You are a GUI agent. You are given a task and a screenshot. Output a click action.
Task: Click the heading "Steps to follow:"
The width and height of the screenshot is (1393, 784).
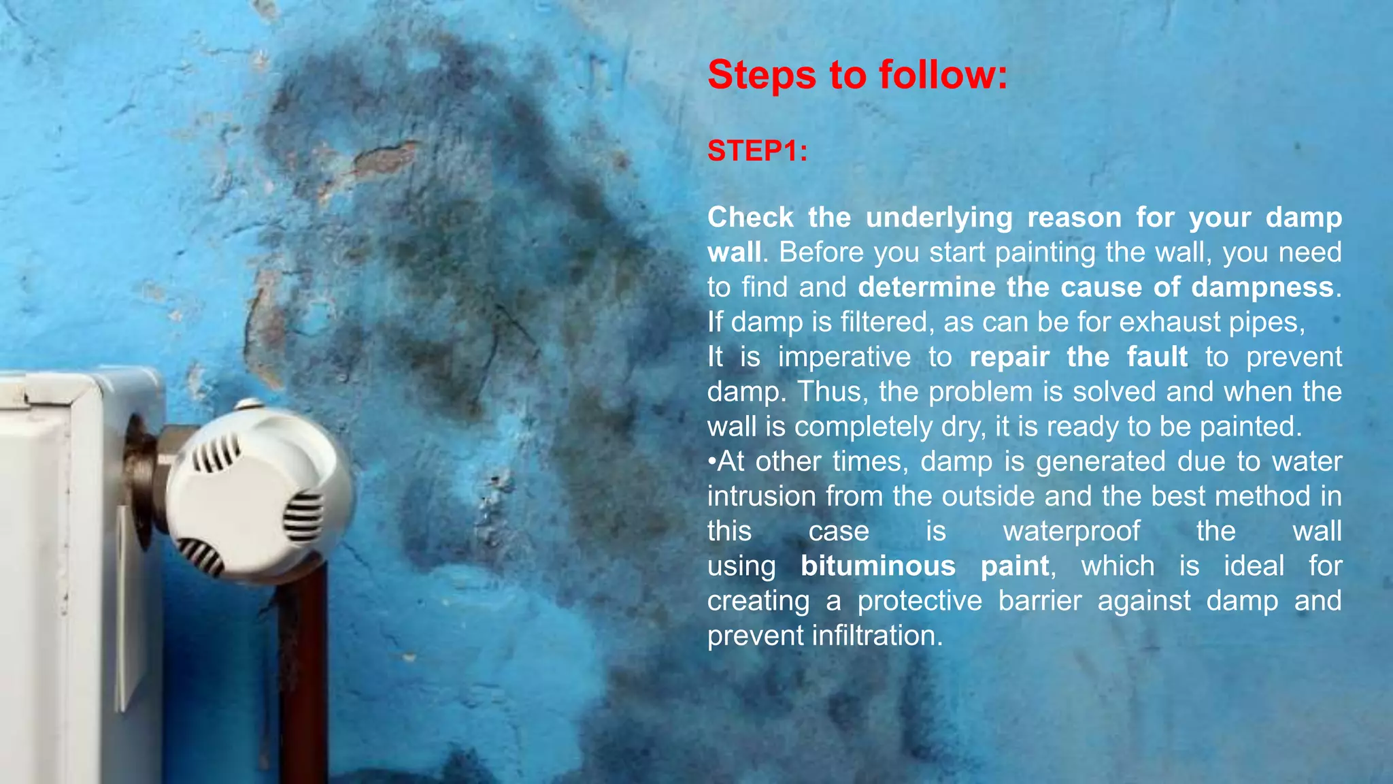tap(857, 75)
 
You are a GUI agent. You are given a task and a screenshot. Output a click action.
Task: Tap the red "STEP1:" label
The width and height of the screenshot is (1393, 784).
tap(757, 151)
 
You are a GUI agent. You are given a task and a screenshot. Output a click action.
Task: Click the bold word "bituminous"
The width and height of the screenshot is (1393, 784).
tap(877, 566)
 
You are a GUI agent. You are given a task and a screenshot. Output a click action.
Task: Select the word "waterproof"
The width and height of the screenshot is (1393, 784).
tap(1071, 532)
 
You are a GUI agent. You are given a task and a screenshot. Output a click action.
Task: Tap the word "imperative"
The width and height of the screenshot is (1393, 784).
tap(844, 357)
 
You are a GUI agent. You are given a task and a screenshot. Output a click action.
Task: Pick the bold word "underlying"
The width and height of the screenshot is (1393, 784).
tap(939, 218)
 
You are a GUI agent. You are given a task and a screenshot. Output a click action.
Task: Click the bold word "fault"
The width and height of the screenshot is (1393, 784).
tap(1156, 357)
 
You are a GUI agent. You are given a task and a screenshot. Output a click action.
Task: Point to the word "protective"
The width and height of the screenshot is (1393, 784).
tap(919, 601)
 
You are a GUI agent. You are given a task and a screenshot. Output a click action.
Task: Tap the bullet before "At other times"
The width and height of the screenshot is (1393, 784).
tap(712, 461)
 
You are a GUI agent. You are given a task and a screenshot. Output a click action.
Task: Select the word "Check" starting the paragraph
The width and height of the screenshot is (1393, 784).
tap(750, 218)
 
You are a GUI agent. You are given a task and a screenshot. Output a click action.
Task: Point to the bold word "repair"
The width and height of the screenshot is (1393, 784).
tap(1009, 357)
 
